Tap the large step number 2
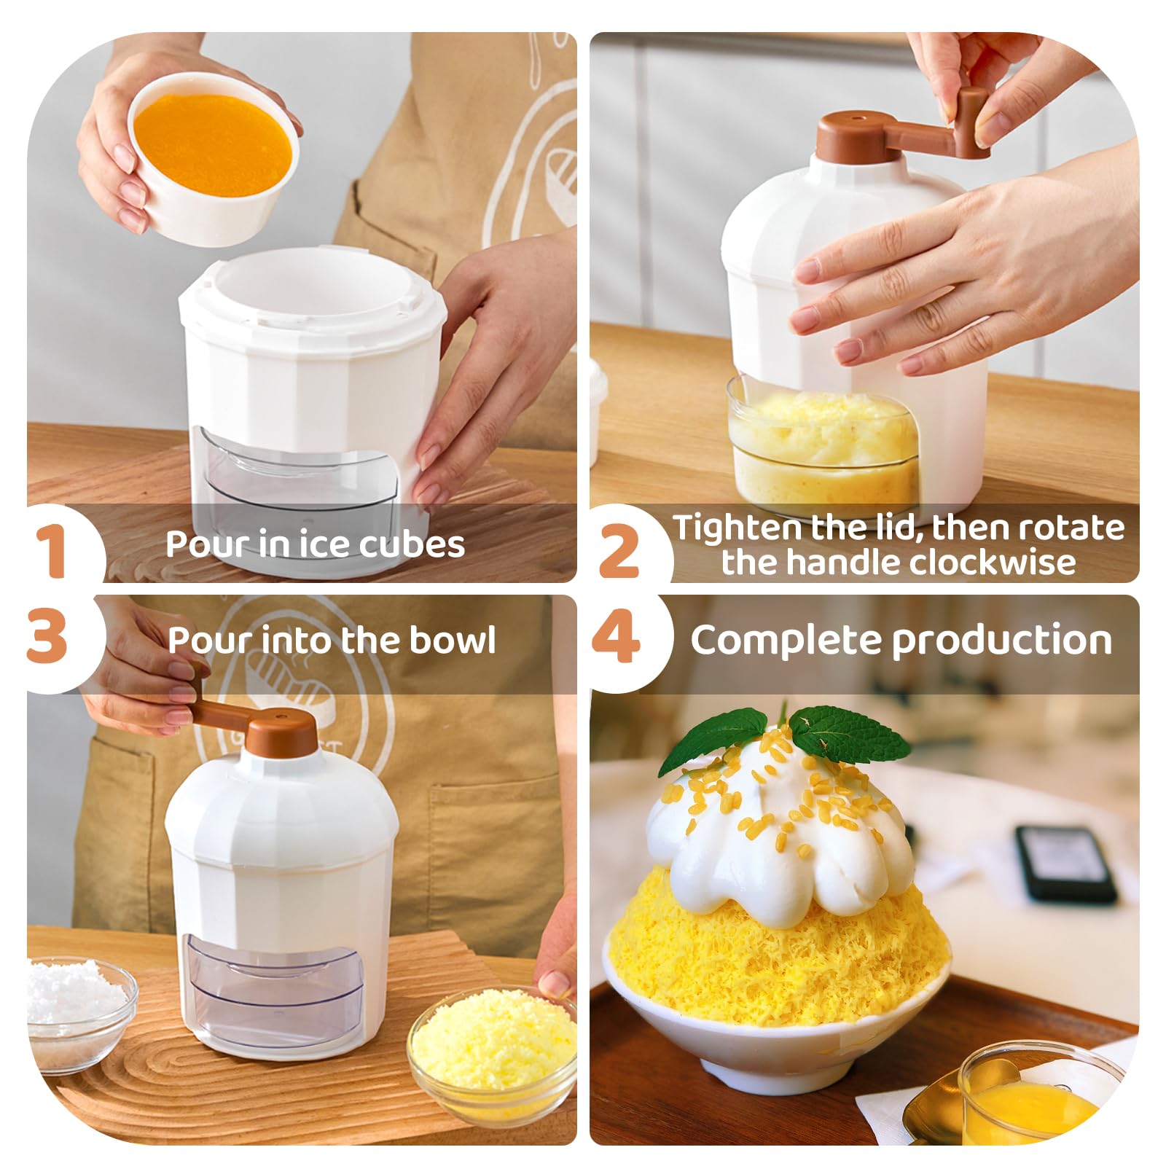619,552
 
